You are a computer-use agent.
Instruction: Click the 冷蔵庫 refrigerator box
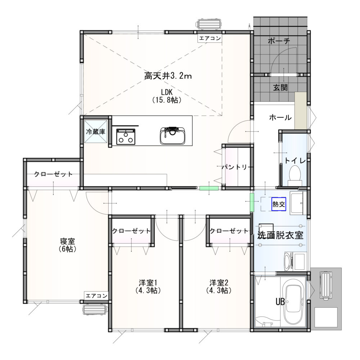(96, 131)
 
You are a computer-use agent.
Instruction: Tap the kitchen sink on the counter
(173, 136)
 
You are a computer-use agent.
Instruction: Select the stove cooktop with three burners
(126, 136)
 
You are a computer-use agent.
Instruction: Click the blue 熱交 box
(279, 204)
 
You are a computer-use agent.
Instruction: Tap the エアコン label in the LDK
(210, 38)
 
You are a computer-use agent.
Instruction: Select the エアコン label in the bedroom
(96, 296)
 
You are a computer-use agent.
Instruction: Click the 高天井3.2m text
(168, 76)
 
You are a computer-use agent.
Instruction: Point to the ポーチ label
(279, 41)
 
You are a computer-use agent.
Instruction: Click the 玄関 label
(280, 87)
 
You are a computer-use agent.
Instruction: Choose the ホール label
(280, 118)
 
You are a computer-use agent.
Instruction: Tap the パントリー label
(234, 167)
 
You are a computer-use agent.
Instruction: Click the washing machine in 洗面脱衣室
(296, 261)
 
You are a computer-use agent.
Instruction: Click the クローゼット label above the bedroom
(53, 174)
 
